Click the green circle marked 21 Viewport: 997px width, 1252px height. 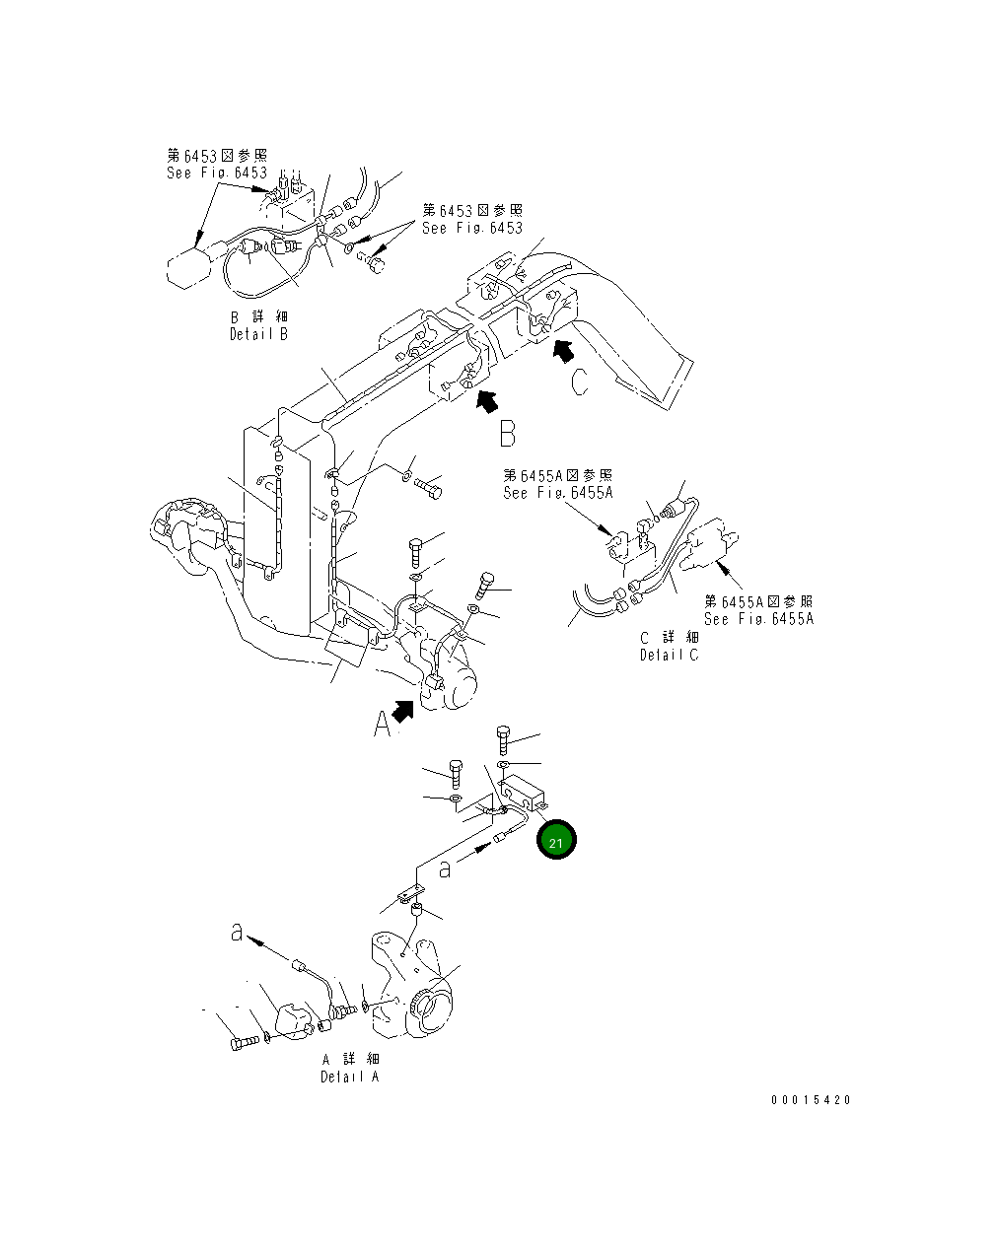pyautogui.click(x=555, y=841)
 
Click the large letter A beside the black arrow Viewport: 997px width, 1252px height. pyautogui.click(x=383, y=725)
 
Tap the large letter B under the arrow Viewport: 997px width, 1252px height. pyautogui.click(x=507, y=434)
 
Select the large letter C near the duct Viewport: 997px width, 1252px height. pyautogui.click(x=581, y=381)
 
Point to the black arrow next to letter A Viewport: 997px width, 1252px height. pyautogui.click(x=403, y=710)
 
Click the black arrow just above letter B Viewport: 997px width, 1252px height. pyautogui.click(x=487, y=400)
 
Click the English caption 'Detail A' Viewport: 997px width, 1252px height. pyautogui.click(x=349, y=1077)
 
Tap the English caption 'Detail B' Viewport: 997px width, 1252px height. pyautogui.click(x=258, y=334)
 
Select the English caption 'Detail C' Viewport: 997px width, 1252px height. pyautogui.click(x=669, y=656)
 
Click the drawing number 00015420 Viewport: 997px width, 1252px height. pyautogui.click(x=811, y=1100)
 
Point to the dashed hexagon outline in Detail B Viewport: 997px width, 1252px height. pyautogui.click(x=187, y=267)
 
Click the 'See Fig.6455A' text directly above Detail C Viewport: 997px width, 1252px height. pyautogui.click(x=557, y=493)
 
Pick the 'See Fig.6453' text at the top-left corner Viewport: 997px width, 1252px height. pyautogui.click(x=217, y=173)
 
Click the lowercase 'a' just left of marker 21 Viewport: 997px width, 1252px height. pyautogui.click(x=446, y=868)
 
